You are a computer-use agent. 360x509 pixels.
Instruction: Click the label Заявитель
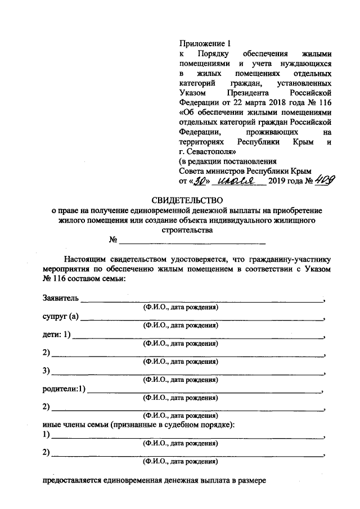(60, 298)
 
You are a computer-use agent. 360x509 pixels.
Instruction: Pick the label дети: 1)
(56, 335)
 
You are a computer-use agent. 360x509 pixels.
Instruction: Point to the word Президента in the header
(250, 91)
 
